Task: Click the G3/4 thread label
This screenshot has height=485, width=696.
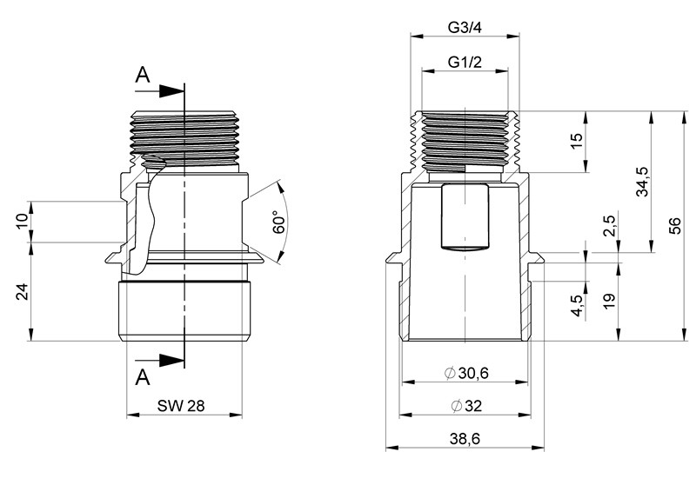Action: coord(465,28)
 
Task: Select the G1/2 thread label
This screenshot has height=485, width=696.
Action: coord(465,62)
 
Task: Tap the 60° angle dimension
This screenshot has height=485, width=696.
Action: coord(278,223)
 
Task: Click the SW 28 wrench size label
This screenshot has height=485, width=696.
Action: coord(181,405)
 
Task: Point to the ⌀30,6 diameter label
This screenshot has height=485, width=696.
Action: coord(466,373)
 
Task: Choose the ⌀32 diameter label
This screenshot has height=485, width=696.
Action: coord(466,406)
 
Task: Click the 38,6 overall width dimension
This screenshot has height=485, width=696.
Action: coord(465,439)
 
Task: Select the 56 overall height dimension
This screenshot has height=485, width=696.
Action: coord(674,226)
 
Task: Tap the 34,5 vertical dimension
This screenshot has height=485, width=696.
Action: coord(642,182)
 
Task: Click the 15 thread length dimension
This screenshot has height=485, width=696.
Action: coord(576,141)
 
